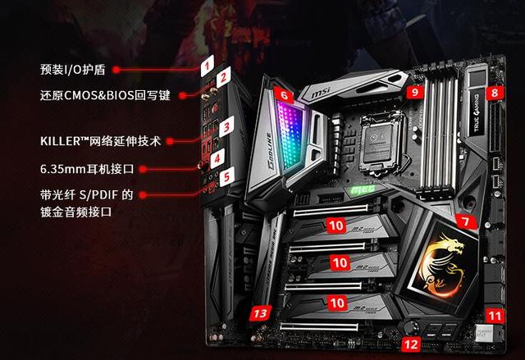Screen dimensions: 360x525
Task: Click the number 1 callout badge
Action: point(208,63)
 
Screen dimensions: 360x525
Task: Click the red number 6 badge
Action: point(284,95)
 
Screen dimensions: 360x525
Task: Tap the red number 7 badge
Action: point(464,221)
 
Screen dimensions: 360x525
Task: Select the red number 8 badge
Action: point(493,93)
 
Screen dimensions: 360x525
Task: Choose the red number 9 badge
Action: point(415,93)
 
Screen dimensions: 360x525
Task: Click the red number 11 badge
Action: point(492,314)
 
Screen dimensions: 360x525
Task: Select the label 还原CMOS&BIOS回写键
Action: point(104,95)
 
